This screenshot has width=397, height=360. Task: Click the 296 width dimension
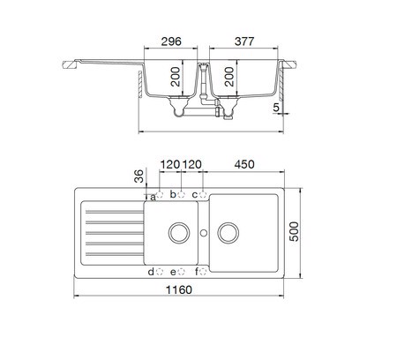point(171,40)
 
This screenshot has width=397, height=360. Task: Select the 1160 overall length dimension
point(183,314)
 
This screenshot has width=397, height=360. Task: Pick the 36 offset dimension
point(139,175)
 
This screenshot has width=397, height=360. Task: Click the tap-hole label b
point(174,194)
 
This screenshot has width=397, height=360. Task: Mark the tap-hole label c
point(196,194)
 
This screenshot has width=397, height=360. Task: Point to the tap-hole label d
point(151,272)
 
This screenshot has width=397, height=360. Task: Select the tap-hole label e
point(174,272)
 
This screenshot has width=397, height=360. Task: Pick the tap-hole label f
point(196,272)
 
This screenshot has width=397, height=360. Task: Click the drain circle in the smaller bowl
point(177,234)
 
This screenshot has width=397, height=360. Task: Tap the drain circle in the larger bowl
point(229,234)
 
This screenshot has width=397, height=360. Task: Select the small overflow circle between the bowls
point(204,234)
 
